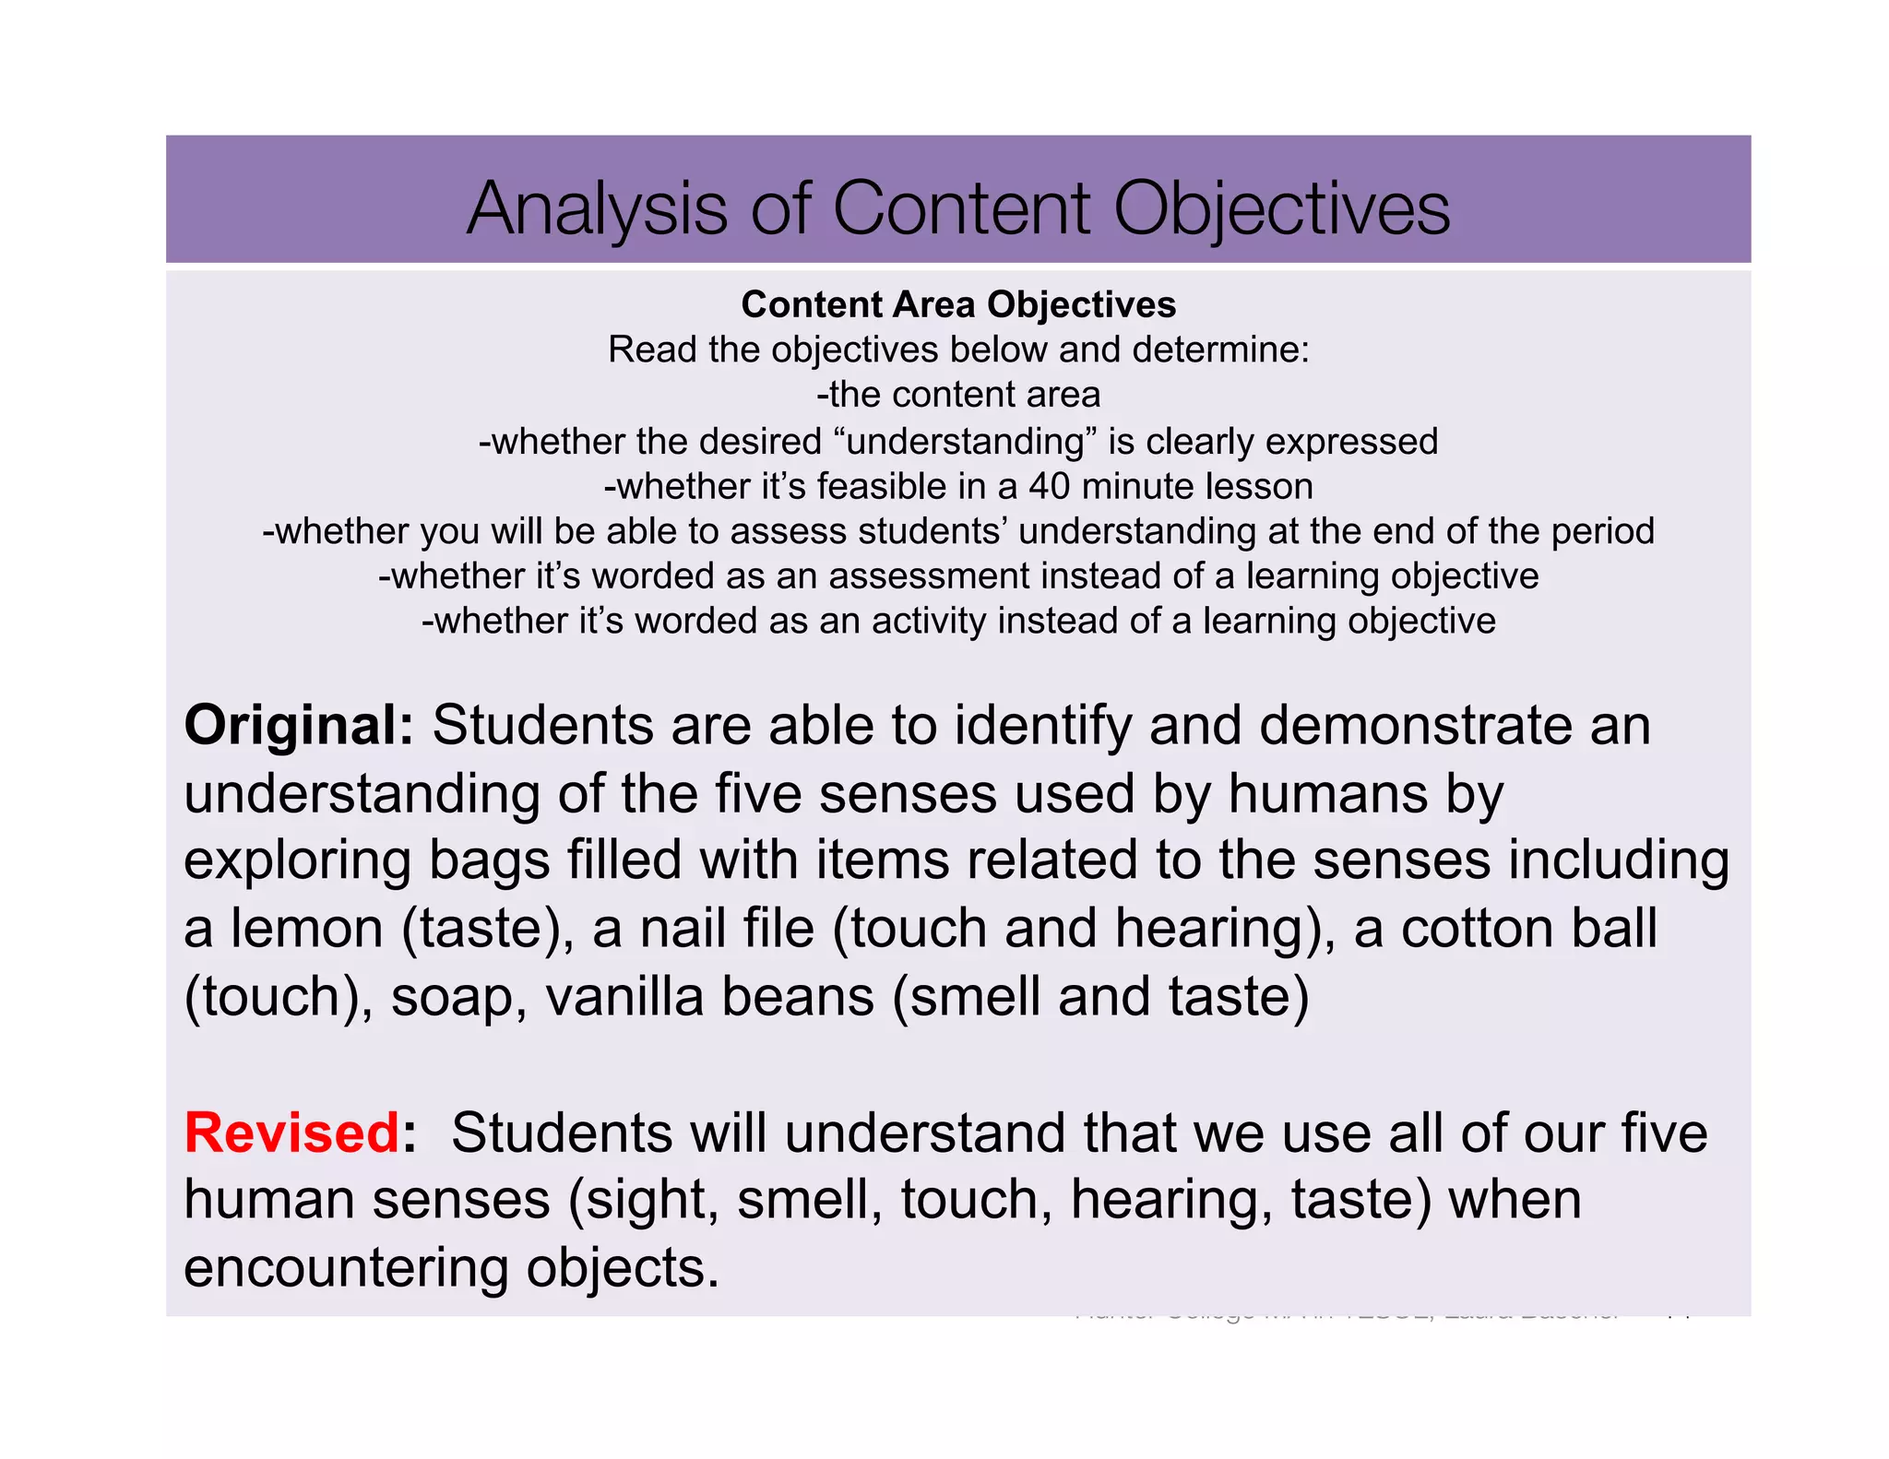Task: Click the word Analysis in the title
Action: [598, 209]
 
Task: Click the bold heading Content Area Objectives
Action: [958, 304]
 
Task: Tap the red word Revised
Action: [291, 1133]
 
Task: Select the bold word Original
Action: [298, 725]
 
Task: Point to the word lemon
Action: [307, 929]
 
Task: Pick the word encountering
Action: [347, 1268]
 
